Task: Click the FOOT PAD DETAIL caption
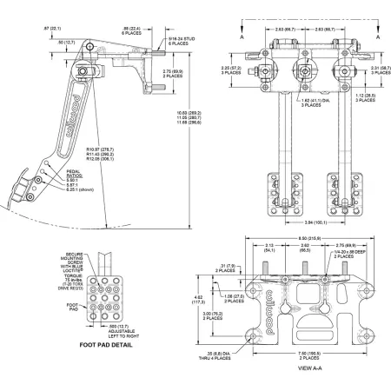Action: [x=107, y=344]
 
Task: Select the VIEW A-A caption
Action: [x=309, y=368]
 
